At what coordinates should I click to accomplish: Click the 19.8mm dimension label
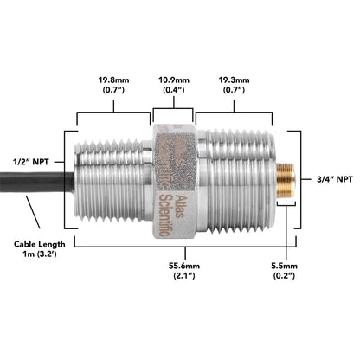pos(113,80)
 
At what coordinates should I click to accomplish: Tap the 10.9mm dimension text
pos(174,80)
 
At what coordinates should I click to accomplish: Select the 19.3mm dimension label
pos(234,80)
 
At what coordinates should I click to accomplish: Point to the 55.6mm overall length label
pos(184,266)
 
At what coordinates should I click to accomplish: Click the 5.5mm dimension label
pos(284,266)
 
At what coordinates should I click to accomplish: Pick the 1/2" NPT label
pos(31,162)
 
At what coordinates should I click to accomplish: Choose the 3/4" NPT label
pos(335,179)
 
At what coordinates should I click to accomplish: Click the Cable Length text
pos(40,244)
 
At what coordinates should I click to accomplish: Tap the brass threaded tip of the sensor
pos(286,180)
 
